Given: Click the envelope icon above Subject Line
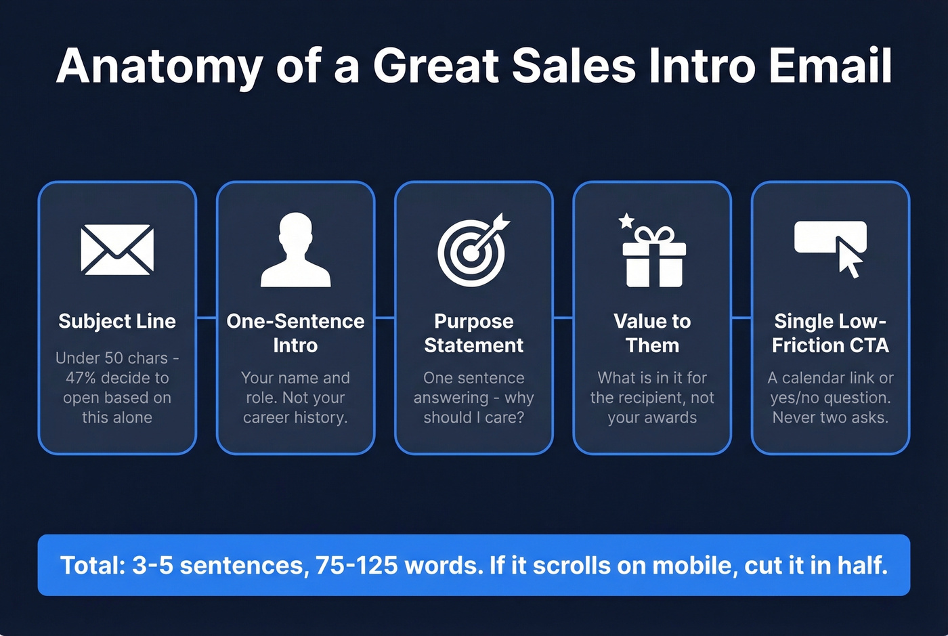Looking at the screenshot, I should pos(117,249).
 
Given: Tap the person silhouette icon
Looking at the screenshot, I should pos(295,251).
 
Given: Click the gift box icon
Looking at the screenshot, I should pos(654,257).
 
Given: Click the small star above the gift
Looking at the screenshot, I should pos(626,220).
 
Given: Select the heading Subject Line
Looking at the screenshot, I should pos(117,321).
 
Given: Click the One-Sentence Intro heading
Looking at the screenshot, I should pos(295,333).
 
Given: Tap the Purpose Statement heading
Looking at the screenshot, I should pos(473,333).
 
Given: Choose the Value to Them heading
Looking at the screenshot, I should pos(652,333).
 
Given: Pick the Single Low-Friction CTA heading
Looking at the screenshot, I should pos(830,333).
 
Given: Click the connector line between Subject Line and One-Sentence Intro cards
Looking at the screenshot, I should pos(207,317).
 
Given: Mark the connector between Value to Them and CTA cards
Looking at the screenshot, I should pos(741,317).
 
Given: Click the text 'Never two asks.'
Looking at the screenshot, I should pos(830,417).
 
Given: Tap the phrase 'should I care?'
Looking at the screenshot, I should pos(473,417).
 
